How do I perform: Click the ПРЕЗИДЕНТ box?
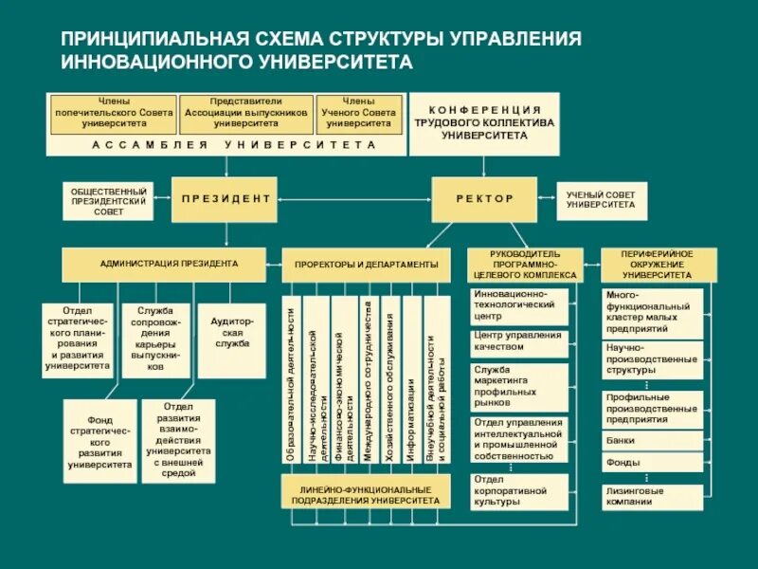pos(225,199)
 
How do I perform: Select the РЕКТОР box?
pos(484,199)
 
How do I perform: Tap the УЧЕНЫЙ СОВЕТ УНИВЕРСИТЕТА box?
pos(601,199)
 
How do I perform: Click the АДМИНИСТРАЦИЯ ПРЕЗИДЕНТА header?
pos(170,264)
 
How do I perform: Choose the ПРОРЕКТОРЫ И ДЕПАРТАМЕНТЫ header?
pos(366,265)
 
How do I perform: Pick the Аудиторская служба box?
pos(231,340)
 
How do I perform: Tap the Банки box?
pos(652,440)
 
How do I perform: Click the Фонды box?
pos(652,463)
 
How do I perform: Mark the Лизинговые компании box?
pos(652,496)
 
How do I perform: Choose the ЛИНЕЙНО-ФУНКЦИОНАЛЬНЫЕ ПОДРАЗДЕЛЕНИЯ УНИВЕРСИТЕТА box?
pos(365,493)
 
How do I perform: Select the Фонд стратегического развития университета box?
pos(99,441)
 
